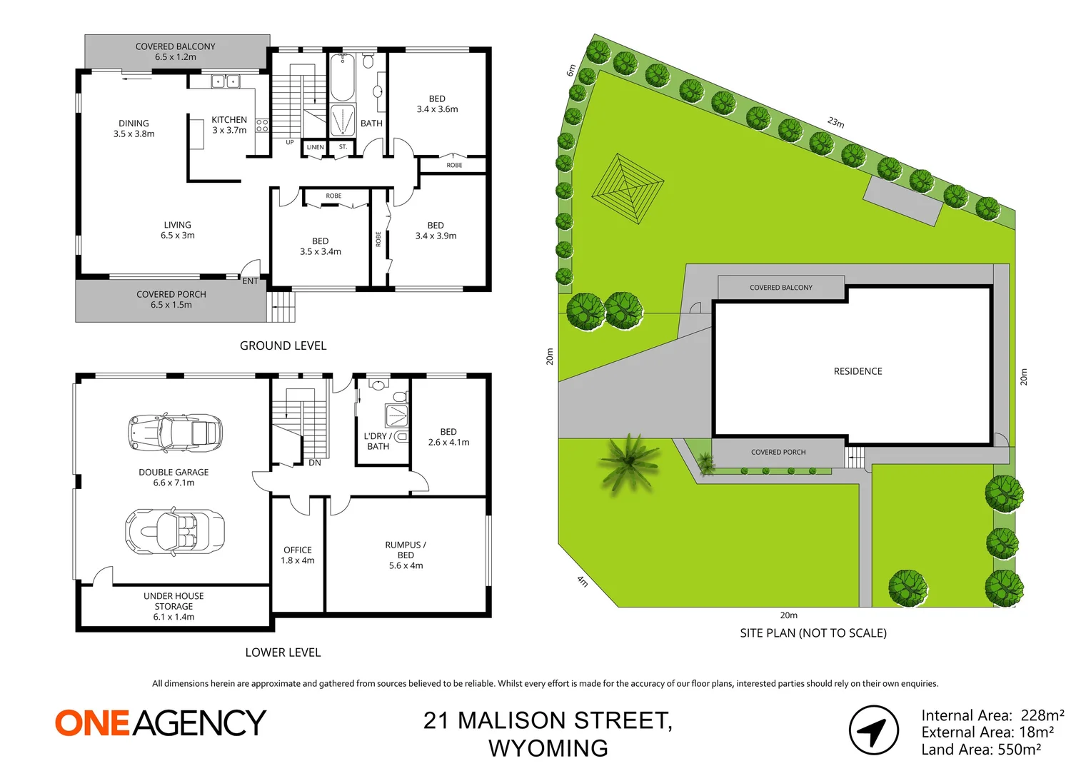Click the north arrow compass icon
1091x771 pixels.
[873, 730]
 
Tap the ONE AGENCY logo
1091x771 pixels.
[161, 722]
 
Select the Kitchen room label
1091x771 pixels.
[229, 125]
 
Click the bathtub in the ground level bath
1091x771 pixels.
[342, 78]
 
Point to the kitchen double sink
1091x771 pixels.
[225, 82]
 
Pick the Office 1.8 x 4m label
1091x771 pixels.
[298, 555]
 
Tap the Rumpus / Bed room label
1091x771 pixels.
[406, 555]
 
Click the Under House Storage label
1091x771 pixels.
[174, 606]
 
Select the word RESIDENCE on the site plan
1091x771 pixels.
[858, 371]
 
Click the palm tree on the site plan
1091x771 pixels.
[628, 463]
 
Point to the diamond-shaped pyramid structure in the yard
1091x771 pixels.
[628, 188]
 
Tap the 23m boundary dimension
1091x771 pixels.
[836, 122]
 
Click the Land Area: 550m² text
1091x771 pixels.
[980, 750]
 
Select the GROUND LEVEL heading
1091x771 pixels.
[283, 346]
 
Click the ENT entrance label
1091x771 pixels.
[250, 281]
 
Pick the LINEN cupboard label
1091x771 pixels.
[315, 147]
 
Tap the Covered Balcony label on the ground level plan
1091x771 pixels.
[176, 51]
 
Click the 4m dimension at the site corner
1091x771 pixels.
[583, 581]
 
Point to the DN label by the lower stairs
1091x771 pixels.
[315, 463]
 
